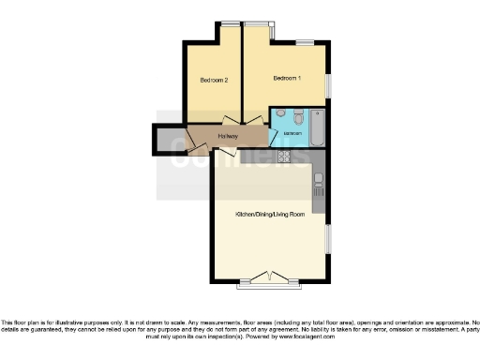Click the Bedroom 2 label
[x=214, y=80]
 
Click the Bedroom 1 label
[x=287, y=77]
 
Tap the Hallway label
[x=228, y=137]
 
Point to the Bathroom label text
[x=292, y=132]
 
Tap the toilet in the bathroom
[x=296, y=118]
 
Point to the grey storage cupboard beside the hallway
[x=169, y=140]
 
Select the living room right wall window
[x=328, y=239]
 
